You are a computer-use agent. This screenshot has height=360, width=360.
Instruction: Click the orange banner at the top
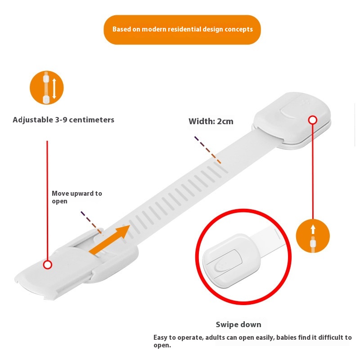pyautogui.click(x=182, y=30)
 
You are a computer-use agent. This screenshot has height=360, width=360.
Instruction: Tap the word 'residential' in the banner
pyautogui.click(x=189, y=29)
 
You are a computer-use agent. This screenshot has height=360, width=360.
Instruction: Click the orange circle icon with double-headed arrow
pyautogui.click(x=47, y=88)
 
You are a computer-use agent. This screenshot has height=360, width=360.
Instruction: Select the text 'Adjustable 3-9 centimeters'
pyautogui.click(x=63, y=120)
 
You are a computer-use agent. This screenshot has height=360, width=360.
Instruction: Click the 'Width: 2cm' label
pyautogui.click(x=211, y=121)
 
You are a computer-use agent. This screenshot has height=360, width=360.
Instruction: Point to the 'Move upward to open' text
pyautogui.click(x=76, y=197)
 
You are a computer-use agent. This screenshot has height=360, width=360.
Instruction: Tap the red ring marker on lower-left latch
pyautogui.click(x=47, y=265)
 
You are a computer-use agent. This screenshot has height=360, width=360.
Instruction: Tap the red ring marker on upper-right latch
pyautogui.click(x=313, y=120)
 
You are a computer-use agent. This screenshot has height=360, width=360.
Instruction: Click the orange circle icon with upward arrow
pyautogui.click(x=313, y=236)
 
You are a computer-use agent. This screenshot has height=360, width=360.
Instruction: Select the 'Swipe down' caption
pyautogui.click(x=238, y=324)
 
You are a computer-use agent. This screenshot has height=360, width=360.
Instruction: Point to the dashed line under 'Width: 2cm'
pyautogui.click(x=207, y=149)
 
